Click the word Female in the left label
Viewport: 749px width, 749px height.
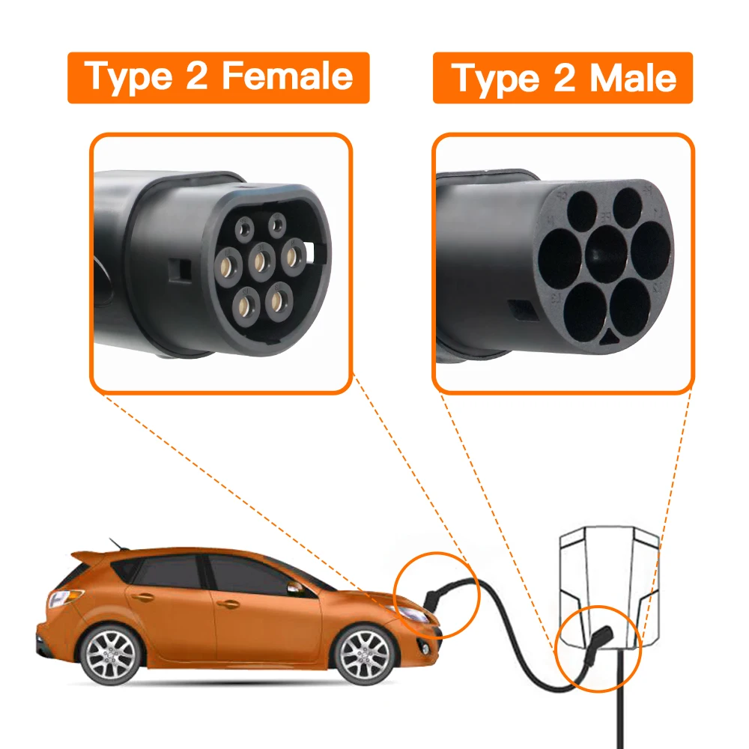point(288,76)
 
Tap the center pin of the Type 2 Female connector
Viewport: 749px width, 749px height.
point(261,261)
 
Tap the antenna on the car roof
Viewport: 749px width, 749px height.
point(114,542)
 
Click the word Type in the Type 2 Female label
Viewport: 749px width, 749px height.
point(126,76)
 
